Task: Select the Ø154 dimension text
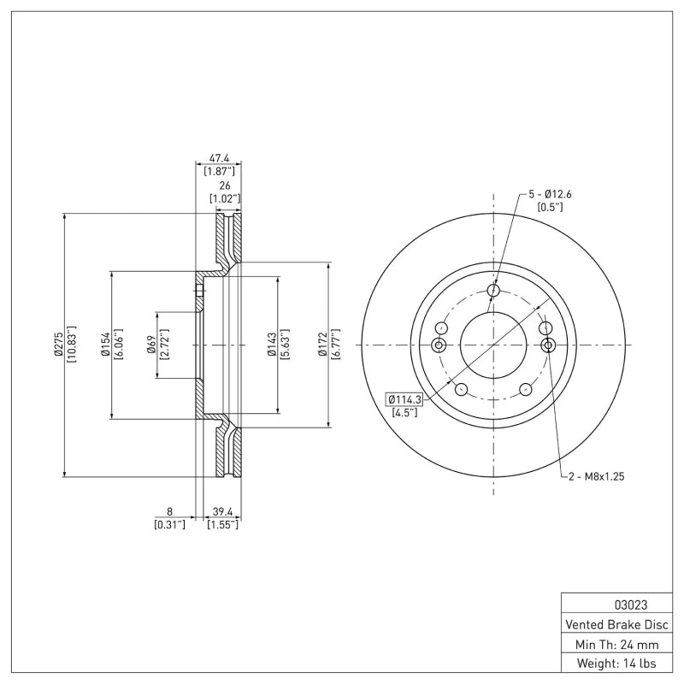104,345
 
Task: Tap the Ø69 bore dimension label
151,345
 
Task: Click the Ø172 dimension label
323,345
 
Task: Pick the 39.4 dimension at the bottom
222,511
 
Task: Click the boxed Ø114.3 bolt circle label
405,399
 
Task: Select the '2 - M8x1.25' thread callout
596,476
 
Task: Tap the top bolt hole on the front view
493,291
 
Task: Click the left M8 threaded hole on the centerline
439,345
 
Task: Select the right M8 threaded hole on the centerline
549,345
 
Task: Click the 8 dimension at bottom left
169,511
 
